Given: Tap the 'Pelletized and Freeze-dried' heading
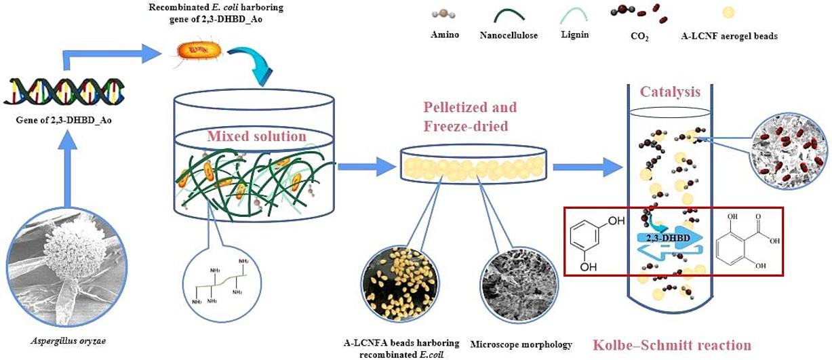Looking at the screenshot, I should click(470, 117).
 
